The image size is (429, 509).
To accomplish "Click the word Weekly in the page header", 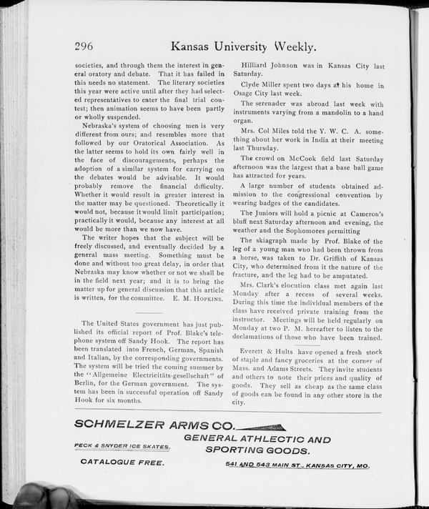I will [290, 47].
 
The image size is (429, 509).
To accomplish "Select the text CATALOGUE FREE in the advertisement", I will [122, 463].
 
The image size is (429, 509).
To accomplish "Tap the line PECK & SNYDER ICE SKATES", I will [122, 448].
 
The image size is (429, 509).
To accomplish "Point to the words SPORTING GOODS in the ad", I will [257, 451].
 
